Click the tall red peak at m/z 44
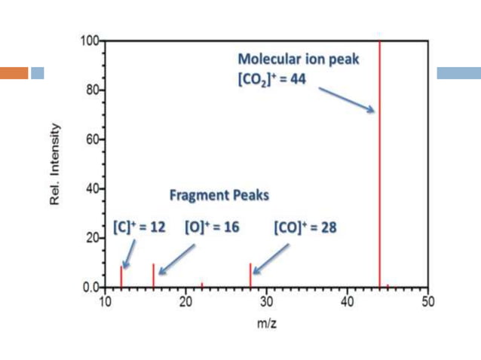point(379,166)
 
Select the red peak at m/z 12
point(121,277)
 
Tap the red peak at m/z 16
point(154,276)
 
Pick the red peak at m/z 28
point(250,276)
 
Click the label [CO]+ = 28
point(305,227)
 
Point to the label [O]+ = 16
point(212,227)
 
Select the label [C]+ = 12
point(139,227)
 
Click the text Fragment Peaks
point(219,194)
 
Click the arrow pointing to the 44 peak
point(346,99)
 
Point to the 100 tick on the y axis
point(90,41)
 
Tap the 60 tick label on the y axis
point(92,139)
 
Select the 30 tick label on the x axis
point(266,302)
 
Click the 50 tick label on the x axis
point(427,302)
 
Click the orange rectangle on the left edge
point(14,73)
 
